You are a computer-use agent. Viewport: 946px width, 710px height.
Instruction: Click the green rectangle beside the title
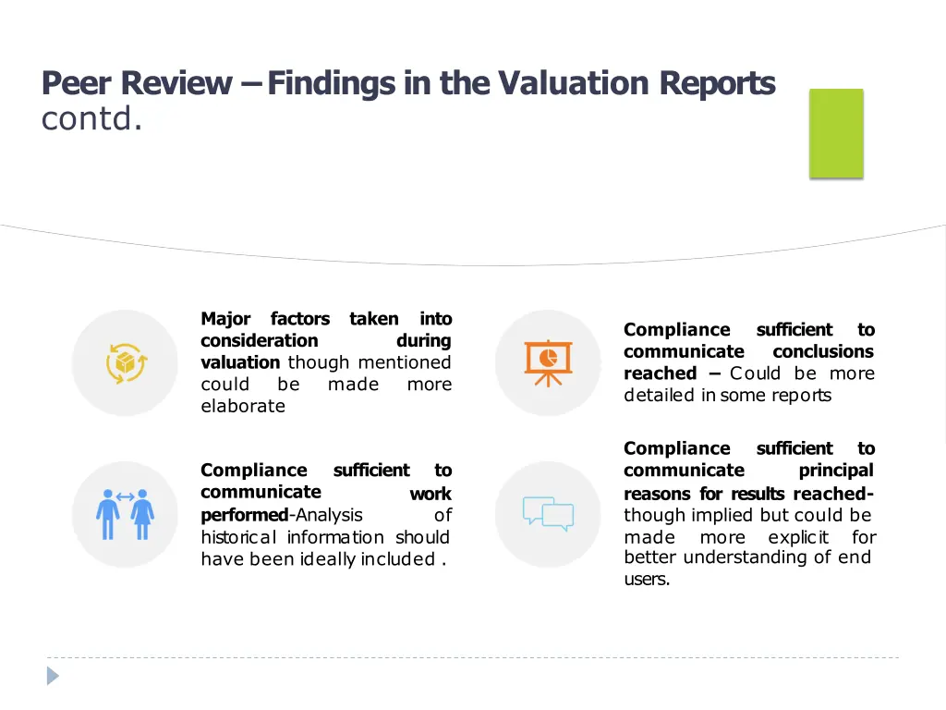[836, 133]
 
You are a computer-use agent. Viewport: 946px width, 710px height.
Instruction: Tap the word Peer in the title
[78, 84]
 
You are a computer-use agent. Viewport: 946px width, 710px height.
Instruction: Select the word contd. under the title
[91, 120]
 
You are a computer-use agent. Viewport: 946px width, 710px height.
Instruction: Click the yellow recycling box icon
[125, 362]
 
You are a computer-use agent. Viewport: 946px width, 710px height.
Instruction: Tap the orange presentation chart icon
[548, 362]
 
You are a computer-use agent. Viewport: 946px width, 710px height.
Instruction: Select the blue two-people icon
[125, 514]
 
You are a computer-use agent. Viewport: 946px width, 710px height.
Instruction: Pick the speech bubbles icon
[548, 514]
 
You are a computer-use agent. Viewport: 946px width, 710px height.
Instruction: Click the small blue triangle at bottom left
[53, 676]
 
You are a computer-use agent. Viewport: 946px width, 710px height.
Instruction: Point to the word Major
[226, 319]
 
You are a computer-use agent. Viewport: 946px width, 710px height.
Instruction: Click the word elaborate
[243, 407]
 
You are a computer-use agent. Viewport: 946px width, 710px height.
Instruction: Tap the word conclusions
[823, 352]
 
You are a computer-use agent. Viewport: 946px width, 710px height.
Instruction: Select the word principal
[836, 471]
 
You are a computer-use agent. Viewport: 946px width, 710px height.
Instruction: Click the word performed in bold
[244, 515]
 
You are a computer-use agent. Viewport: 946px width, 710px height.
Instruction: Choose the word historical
[240, 537]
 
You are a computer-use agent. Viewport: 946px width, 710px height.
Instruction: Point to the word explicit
[798, 537]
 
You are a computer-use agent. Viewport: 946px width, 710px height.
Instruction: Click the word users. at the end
[647, 580]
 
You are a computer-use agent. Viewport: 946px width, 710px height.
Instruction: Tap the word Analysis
[329, 515]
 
